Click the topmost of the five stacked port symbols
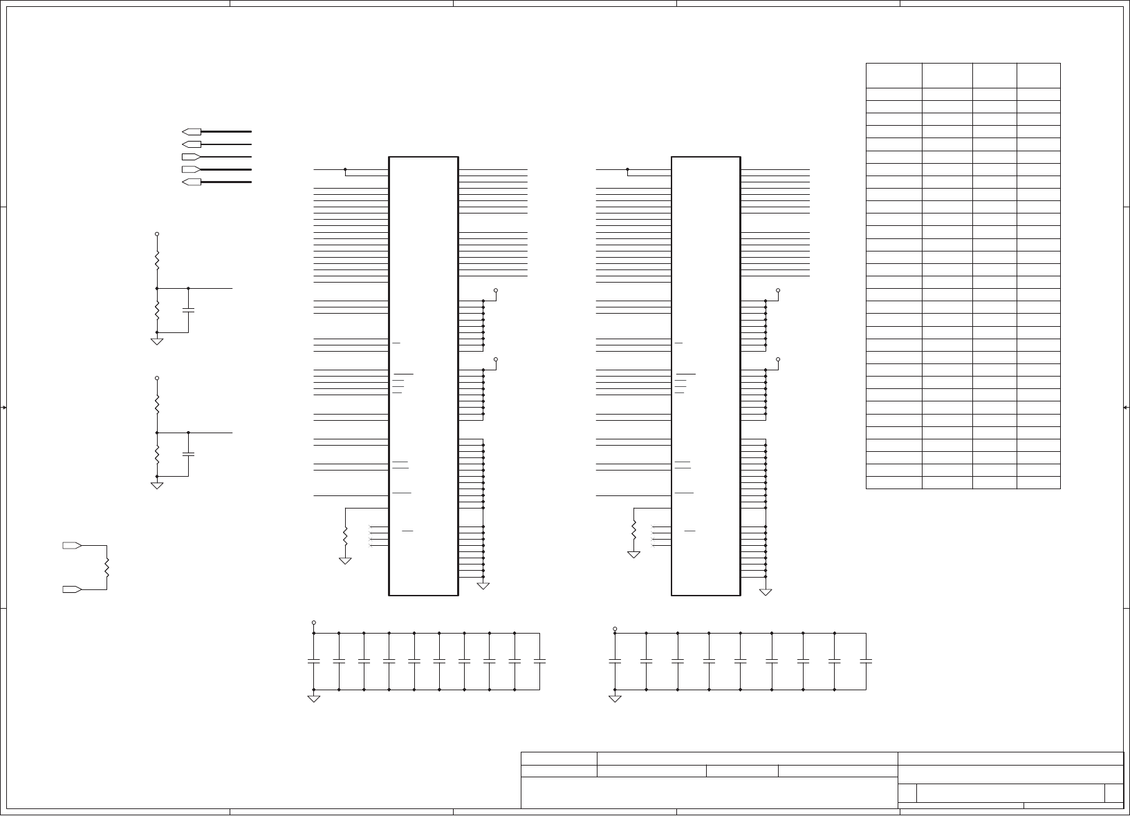[x=192, y=131]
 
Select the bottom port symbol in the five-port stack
[x=192, y=182]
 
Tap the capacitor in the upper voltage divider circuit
[x=188, y=310]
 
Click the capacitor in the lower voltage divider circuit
[x=188, y=454]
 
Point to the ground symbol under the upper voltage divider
[x=157, y=341]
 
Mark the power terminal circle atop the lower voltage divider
[x=157, y=378]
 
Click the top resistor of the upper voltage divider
[x=157, y=260]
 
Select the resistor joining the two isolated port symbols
[x=106, y=567]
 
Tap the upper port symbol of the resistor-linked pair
[x=72, y=545]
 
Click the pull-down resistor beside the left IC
[x=345, y=534]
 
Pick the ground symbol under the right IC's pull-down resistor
[x=633, y=554]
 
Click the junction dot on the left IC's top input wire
[x=345, y=169]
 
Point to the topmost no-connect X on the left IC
[x=371, y=527]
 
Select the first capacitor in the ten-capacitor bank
[x=314, y=661]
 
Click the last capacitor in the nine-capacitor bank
[x=866, y=661]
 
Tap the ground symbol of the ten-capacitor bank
[x=314, y=699]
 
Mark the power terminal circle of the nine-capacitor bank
[x=615, y=629]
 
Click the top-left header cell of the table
[x=893, y=75]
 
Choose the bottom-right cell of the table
[x=1038, y=482]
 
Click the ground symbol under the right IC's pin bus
[x=766, y=591]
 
